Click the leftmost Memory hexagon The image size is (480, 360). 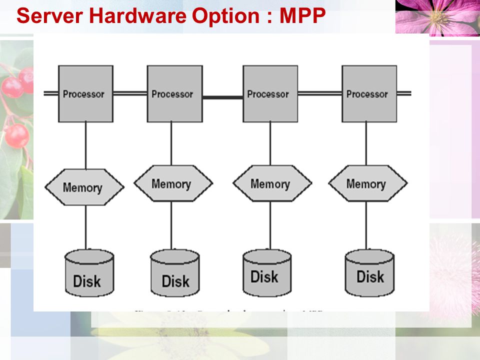[84, 187]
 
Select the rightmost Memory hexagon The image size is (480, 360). [367, 183]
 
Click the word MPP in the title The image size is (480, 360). [302, 16]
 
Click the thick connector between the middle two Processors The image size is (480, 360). [222, 96]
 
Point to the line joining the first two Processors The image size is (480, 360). [130, 93]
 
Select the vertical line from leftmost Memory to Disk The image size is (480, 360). [85, 227]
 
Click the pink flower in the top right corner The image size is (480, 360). [437, 17]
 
